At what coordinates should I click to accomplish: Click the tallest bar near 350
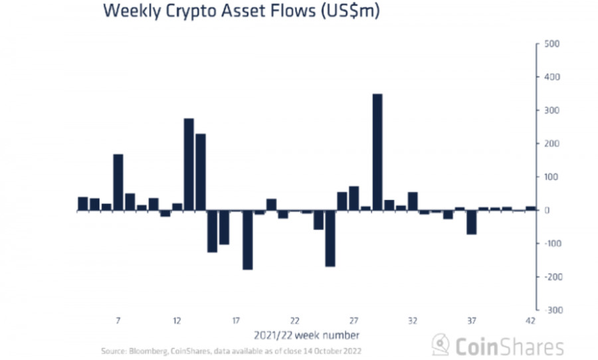(x=377, y=152)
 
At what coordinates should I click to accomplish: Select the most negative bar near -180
(x=247, y=240)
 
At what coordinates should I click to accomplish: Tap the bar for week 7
(x=118, y=182)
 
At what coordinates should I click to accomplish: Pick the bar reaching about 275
(x=189, y=164)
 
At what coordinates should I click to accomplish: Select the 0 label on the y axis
(x=549, y=211)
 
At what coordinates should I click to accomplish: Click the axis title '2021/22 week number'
(x=306, y=334)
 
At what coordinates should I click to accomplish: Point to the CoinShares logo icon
(x=440, y=345)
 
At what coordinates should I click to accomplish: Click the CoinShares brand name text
(x=508, y=346)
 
